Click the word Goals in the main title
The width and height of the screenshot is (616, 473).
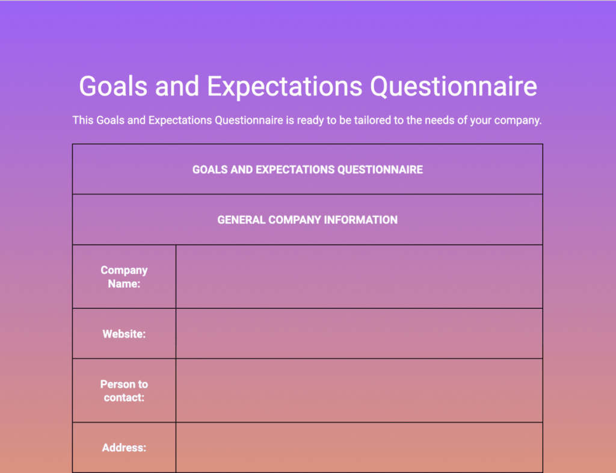(x=113, y=86)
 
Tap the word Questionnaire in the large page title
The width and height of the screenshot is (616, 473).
(x=453, y=86)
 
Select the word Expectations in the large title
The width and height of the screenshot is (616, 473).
(x=285, y=86)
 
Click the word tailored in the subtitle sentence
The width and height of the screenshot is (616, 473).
(x=357, y=120)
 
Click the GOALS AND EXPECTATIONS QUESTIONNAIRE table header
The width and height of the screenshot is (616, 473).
(x=307, y=170)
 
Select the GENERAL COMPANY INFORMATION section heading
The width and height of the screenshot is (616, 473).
(x=307, y=220)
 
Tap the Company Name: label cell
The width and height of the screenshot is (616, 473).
(x=124, y=277)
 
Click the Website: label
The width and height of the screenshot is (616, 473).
(x=124, y=334)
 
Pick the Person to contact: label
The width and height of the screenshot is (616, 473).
(x=124, y=391)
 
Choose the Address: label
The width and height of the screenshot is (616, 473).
(x=124, y=448)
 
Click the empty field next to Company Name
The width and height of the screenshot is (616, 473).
(x=359, y=277)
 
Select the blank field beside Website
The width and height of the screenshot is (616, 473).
(x=359, y=334)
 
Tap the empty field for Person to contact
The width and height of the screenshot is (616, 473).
(x=359, y=391)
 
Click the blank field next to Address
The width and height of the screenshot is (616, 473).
(x=359, y=448)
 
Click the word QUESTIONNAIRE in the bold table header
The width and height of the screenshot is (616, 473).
(x=380, y=170)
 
